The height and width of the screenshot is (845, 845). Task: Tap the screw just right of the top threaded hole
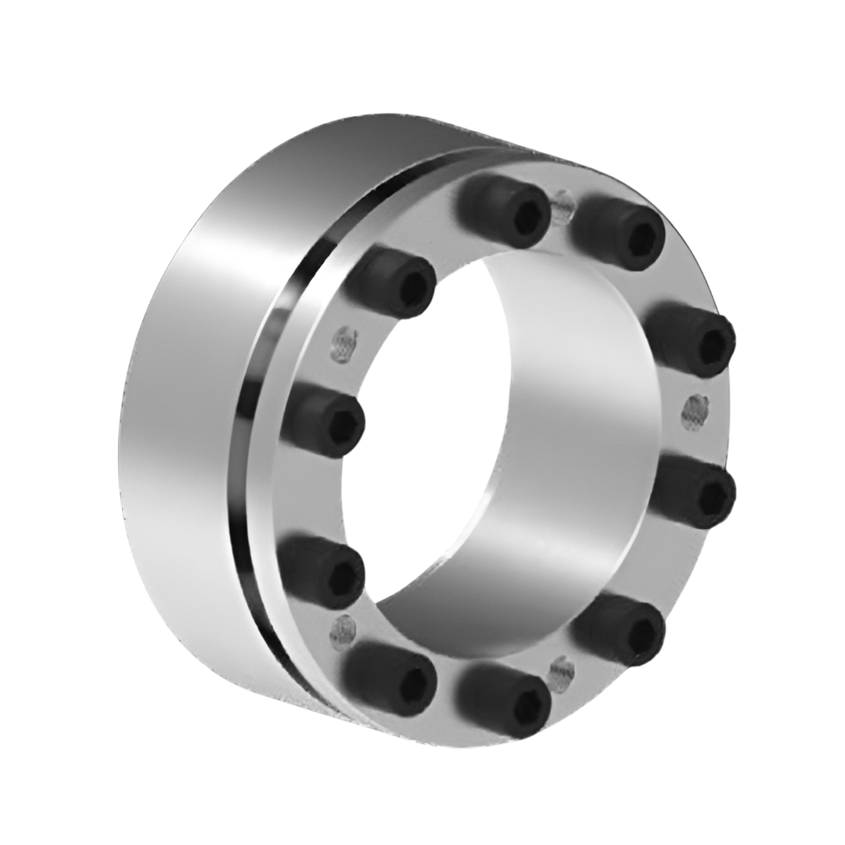point(622,232)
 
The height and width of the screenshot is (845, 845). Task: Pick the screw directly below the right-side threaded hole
point(695,493)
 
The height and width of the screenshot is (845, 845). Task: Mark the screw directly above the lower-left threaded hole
point(322,570)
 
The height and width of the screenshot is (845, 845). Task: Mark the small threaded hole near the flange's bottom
point(562,671)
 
